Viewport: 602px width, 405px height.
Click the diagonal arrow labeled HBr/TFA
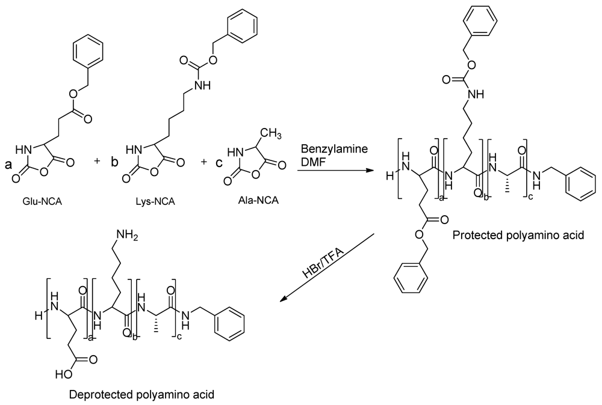point(327,267)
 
